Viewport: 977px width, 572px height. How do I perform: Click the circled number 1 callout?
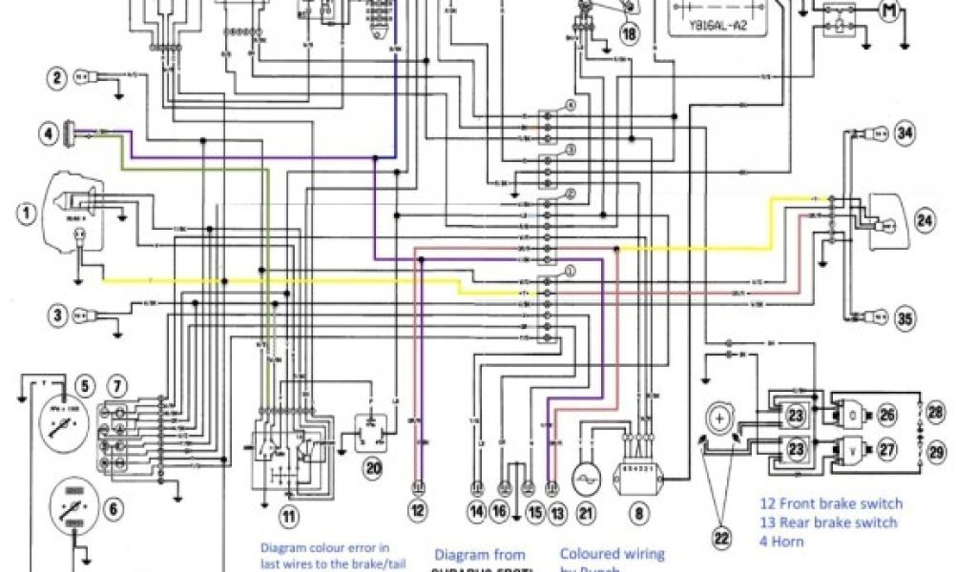[x=27, y=213]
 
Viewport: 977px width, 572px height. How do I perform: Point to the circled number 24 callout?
[x=923, y=222]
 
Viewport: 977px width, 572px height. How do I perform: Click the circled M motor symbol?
[x=890, y=11]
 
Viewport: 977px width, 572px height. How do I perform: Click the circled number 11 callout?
[x=288, y=516]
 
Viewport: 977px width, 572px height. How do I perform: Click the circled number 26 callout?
[x=887, y=415]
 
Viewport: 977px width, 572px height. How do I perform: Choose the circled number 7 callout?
[x=116, y=386]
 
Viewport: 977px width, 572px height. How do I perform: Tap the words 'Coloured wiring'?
[x=612, y=553]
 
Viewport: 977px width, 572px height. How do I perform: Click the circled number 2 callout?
[x=58, y=79]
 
